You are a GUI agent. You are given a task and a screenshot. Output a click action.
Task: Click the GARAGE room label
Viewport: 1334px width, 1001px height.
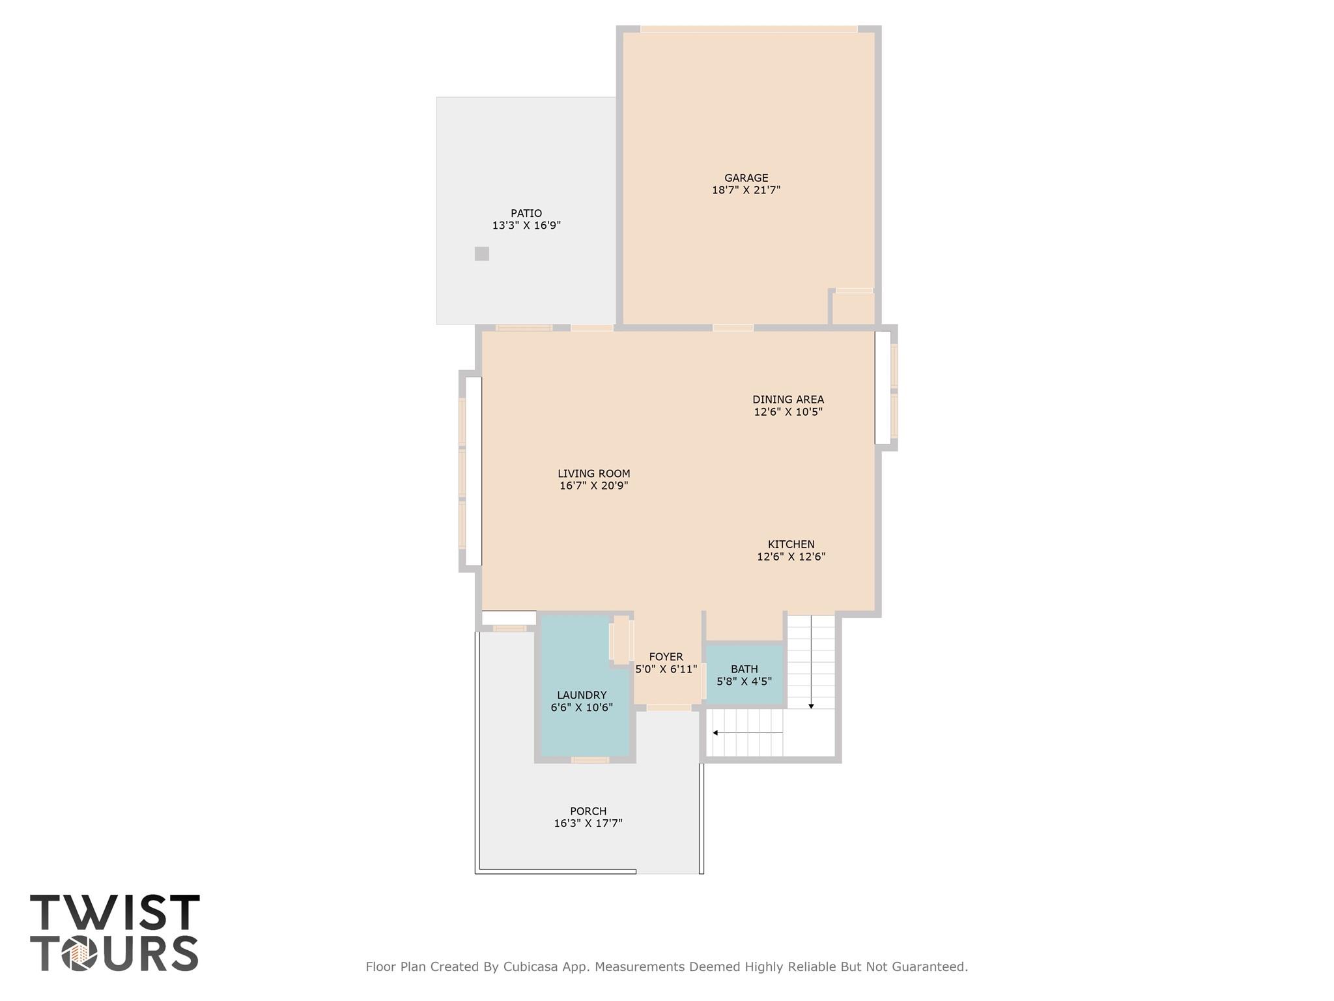pos(746,178)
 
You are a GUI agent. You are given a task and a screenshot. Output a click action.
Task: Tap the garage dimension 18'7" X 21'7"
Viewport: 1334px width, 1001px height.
pos(746,190)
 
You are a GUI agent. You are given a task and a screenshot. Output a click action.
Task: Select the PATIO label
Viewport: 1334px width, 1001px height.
pos(526,213)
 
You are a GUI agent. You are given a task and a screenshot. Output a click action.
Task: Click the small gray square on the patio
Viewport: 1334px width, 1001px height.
pos(481,254)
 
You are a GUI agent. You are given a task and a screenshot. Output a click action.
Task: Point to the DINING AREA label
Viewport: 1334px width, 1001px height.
pos(788,399)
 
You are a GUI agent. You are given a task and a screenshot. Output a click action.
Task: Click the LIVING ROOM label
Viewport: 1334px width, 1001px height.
pos(593,474)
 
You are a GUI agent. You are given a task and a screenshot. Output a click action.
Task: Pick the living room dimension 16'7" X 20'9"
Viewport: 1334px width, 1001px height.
pos(593,486)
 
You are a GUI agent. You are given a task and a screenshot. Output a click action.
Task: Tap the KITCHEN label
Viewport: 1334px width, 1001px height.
pos(791,544)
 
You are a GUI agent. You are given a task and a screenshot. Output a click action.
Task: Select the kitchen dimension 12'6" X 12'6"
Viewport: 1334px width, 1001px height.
pos(791,557)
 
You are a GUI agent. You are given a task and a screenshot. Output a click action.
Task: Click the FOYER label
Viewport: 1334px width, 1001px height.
pos(666,657)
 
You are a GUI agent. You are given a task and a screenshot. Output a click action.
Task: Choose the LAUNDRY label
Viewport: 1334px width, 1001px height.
pos(581,695)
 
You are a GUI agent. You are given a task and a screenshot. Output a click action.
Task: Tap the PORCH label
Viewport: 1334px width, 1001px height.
pos(588,811)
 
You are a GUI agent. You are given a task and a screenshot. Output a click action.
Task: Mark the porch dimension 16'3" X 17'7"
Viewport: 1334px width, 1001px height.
pos(588,824)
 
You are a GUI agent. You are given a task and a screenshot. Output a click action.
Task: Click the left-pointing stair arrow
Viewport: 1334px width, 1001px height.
pos(716,733)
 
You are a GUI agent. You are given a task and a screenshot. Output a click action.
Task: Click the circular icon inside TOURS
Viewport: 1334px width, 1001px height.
pos(79,954)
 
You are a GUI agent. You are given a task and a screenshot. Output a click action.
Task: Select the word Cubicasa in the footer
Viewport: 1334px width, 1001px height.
pos(528,966)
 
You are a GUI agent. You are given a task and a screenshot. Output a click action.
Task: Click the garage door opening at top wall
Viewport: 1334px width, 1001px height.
pos(748,29)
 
